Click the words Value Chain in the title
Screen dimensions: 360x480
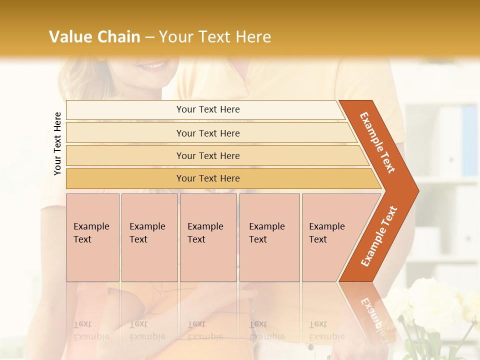[94, 37]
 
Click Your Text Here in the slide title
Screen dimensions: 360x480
[214, 37]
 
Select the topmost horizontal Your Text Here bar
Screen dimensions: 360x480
[207, 109]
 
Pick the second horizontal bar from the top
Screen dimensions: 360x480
[207, 133]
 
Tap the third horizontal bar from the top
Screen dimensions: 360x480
[207, 155]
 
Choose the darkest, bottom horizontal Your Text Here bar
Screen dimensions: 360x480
[207, 178]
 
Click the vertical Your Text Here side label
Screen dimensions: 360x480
[57, 143]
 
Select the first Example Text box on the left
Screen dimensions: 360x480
[92, 237]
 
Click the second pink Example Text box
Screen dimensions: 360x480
[149, 237]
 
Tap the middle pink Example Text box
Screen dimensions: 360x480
[208, 237]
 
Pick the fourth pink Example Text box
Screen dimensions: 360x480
[269, 237]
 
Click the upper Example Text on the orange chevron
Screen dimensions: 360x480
[377, 142]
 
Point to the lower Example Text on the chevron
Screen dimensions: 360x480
[379, 236]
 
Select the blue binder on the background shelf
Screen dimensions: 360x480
[469, 140]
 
